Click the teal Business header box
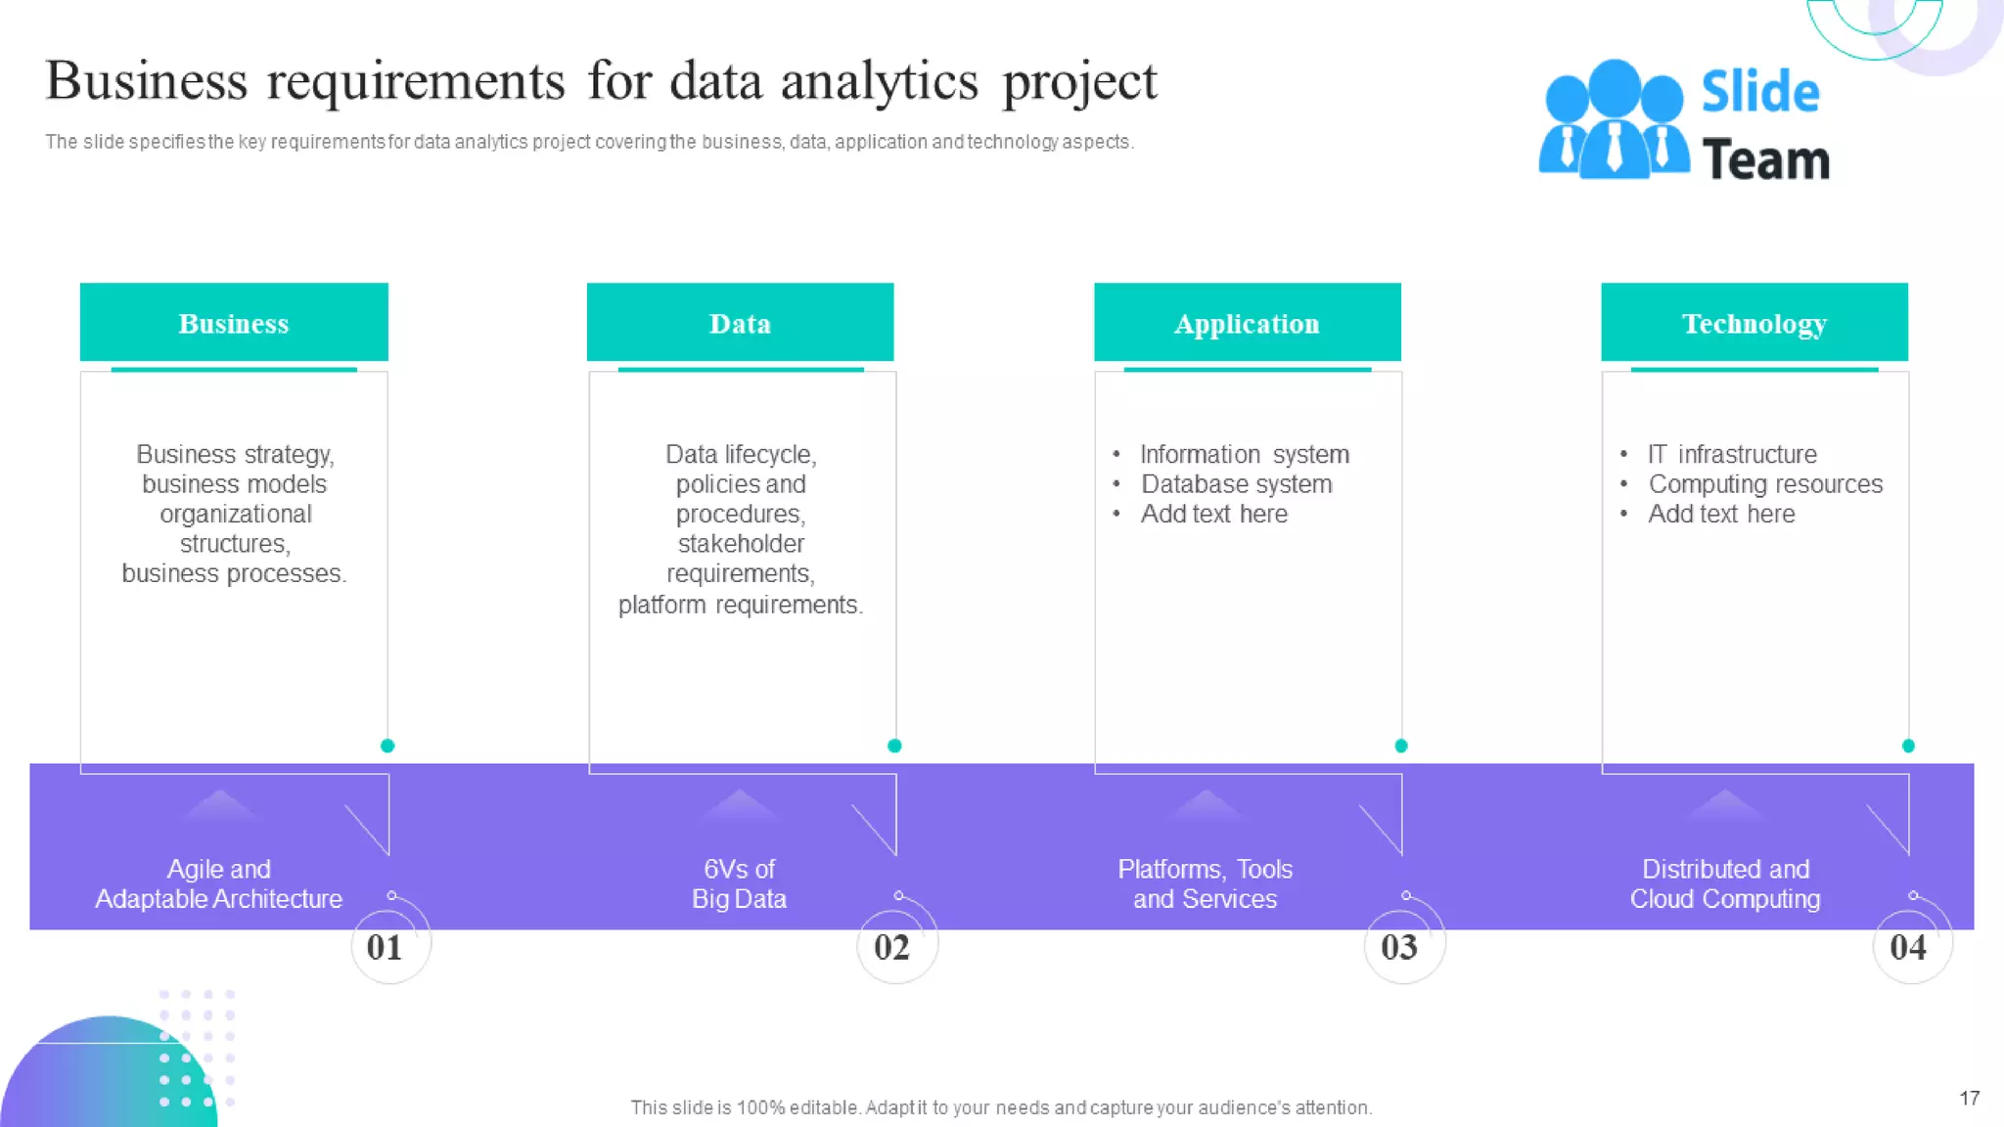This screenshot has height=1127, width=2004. [x=234, y=323]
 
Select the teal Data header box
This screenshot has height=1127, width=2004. [x=740, y=323]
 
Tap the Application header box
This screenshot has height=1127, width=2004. [x=1247, y=323]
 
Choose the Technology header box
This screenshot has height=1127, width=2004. [x=1753, y=323]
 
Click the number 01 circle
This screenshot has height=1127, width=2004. [x=387, y=946]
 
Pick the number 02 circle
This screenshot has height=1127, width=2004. [x=894, y=946]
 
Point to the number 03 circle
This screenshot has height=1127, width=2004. [x=1401, y=946]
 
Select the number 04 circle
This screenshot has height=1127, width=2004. [x=1909, y=946]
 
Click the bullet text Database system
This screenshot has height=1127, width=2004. [x=1236, y=484]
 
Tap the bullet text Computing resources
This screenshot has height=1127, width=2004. [x=1765, y=484]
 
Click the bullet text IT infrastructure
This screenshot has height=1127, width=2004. [x=1732, y=455]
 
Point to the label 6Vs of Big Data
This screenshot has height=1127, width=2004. [x=739, y=883]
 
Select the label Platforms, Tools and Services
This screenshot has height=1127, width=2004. [x=1205, y=883]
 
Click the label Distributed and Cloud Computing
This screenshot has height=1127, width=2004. [x=1725, y=883]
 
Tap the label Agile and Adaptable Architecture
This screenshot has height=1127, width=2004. [x=218, y=883]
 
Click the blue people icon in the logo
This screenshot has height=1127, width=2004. [x=1613, y=120]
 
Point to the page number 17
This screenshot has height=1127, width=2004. [x=1969, y=1098]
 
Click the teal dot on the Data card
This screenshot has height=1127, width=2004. [x=894, y=745]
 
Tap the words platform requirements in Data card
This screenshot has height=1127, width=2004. [x=740, y=605]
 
